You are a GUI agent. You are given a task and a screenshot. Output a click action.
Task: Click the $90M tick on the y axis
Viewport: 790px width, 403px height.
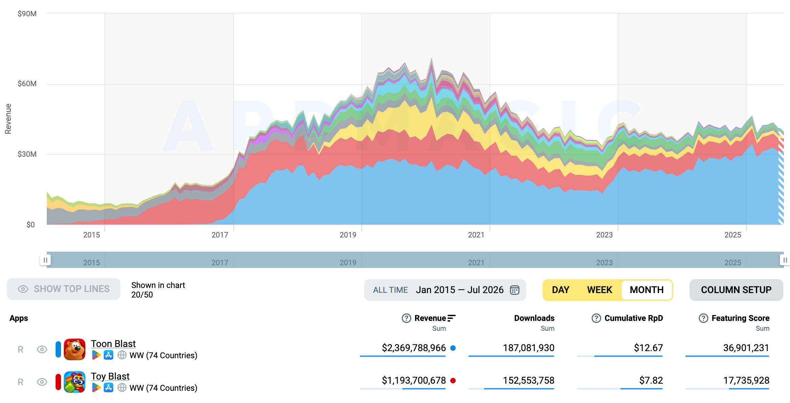(27, 14)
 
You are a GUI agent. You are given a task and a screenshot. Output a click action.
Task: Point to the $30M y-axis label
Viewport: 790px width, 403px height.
(27, 154)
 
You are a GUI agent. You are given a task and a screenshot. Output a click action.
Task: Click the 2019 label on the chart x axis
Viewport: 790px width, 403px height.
(348, 235)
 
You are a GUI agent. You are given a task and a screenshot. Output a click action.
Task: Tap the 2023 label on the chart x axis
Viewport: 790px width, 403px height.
(604, 235)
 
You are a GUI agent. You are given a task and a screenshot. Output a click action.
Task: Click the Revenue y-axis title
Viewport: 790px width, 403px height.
(8, 119)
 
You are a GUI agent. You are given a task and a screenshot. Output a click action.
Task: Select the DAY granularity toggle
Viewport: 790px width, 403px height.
(560, 290)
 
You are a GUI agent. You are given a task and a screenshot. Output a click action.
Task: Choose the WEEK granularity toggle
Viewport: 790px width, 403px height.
(599, 290)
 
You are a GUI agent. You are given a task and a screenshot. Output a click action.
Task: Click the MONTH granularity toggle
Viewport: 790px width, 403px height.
(647, 290)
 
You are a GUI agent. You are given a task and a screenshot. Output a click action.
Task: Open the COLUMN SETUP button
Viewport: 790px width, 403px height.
(736, 290)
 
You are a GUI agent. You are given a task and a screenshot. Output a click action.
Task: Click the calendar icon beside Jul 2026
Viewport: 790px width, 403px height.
(515, 290)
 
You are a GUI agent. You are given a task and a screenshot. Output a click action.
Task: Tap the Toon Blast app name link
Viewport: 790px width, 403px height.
(113, 344)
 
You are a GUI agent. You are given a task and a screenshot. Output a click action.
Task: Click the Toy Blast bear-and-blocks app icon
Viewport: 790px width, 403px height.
(75, 382)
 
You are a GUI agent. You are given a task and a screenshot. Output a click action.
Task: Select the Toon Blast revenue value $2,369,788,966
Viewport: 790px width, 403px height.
(414, 348)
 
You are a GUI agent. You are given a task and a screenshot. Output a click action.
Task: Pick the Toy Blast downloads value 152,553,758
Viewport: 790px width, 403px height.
(529, 380)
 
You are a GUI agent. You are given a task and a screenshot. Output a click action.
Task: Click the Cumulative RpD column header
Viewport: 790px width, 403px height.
(633, 318)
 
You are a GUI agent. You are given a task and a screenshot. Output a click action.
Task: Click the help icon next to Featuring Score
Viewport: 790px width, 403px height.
(704, 318)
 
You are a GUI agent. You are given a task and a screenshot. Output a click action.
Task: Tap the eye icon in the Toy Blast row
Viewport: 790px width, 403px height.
(42, 382)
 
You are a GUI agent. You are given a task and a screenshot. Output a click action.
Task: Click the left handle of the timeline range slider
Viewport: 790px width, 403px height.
(45, 260)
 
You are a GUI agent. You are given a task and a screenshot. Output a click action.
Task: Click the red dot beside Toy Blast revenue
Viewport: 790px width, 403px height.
(453, 381)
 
